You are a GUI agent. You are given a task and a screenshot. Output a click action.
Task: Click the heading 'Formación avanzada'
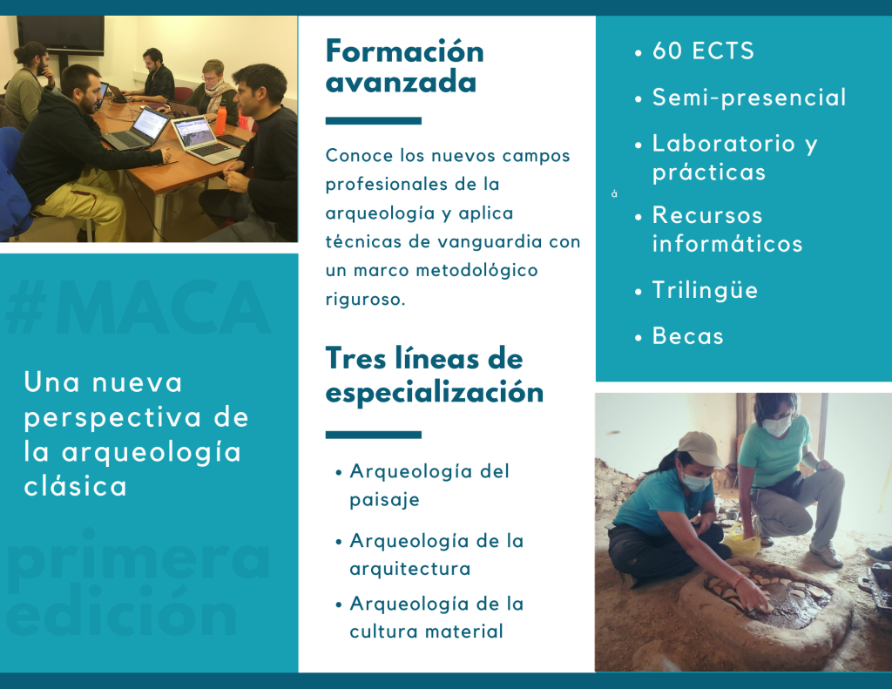tap(404, 66)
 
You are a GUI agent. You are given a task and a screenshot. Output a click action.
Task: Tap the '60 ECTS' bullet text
tap(703, 51)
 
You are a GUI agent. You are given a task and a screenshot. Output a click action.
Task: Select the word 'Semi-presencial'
tap(749, 98)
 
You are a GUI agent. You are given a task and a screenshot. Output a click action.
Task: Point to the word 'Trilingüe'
tap(705, 290)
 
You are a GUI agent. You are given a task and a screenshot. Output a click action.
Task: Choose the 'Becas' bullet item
tap(688, 335)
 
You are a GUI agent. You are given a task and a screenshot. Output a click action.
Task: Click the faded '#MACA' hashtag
tap(138, 307)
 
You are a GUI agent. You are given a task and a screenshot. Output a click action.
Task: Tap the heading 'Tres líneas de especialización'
tap(435, 375)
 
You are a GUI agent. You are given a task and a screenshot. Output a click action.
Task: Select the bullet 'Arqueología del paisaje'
tap(429, 485)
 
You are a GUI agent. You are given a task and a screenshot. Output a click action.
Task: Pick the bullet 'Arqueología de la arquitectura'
tap(436, 554)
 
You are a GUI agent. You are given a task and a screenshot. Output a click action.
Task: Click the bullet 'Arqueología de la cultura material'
tap(436, 617)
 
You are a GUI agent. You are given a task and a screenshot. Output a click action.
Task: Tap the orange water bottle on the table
tap(220, 119)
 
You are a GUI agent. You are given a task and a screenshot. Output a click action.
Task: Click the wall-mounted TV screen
tap(60, 35)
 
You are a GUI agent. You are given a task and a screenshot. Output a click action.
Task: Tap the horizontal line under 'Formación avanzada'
tap(373, 120)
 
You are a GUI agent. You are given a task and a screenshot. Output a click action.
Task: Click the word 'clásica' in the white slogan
tap(75, 486)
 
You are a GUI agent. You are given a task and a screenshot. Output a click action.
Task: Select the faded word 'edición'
tap(122, 611)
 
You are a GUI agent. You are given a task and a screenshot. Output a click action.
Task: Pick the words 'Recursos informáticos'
tap(727, 229)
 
